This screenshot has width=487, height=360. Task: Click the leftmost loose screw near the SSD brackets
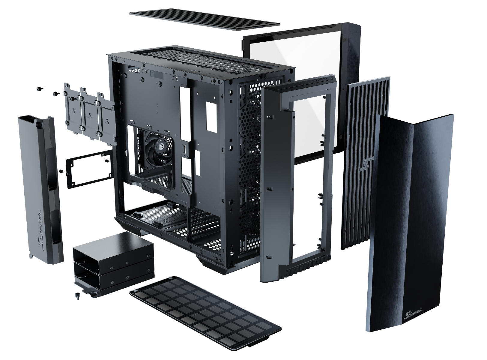click(x=39, y=89)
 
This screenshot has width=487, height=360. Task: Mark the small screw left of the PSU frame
click(x=61, y=171)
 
